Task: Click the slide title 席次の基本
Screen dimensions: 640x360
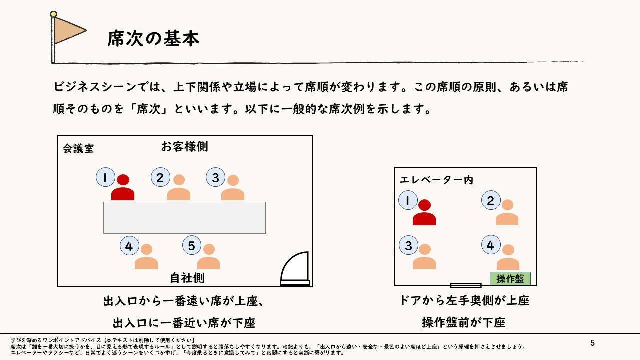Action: [x=153, y=38]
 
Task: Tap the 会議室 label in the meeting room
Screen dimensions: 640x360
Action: [x=78, y=148]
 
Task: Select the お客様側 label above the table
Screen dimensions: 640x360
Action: [x=184, y=146]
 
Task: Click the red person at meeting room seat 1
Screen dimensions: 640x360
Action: [x=123, y=188]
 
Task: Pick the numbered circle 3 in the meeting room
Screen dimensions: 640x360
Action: [x=215, y=177]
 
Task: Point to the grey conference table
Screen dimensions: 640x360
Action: [x=184, y=217]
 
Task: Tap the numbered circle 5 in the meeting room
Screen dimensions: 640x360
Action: [x=192, y=245]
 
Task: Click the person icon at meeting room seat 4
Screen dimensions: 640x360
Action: [x=146, y=257]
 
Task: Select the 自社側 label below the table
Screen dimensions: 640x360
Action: [x=187, y=277]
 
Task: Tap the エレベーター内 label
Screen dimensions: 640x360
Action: [x=436, y=180]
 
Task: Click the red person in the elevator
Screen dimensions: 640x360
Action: [x=424, y=213]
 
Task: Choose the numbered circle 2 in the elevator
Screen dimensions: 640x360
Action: [x=491, y=200]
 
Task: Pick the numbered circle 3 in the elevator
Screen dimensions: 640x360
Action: [x=408, y=245]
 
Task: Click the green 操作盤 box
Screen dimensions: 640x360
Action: [x=510, y=279]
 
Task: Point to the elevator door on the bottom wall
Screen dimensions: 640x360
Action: [x=465, y=285]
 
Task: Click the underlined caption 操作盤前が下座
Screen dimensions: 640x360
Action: [x=463, y=323]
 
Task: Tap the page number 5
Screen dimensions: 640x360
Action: [x=593, y=343]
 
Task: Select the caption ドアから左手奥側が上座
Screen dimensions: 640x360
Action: [x=464, y=300]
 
